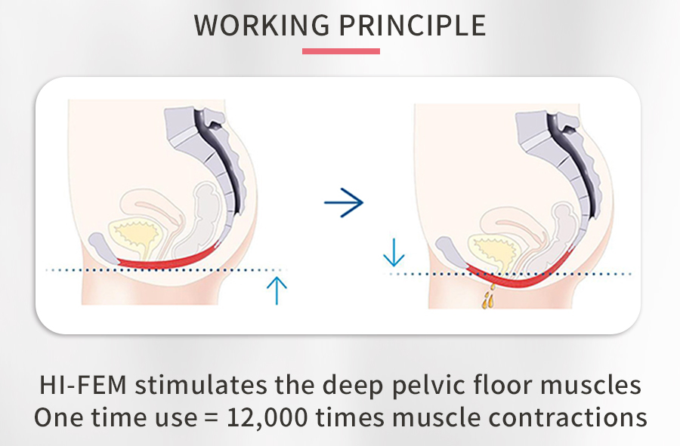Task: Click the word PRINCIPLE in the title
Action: [x=411, y=25]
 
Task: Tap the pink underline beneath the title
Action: [x=341, y=51]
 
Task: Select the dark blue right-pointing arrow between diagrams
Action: [x=344, y=202]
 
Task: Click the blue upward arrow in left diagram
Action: [x=277, y=291]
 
